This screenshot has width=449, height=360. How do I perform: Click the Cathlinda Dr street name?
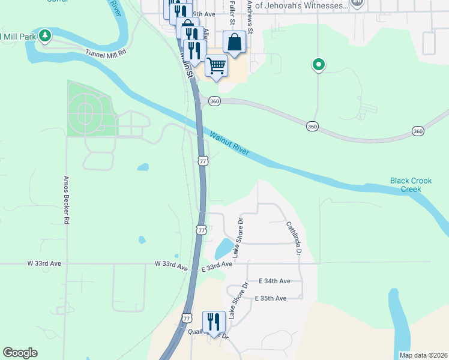click(x=292, y=238)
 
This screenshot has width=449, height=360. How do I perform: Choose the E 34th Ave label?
click(x=274, y=281)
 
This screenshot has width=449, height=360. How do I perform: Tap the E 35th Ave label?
click(x=271, y=298)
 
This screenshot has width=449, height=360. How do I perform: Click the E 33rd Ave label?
click(x=217, y=264)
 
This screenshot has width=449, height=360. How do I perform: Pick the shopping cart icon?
click(x=216, y=65)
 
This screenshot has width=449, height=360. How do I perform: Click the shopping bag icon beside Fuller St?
click(x=234, y=43)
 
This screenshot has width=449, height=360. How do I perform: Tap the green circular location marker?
click(x=319, y=64)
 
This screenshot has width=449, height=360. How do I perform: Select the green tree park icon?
click(x=45, y=35)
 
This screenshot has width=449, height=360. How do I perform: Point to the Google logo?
click(x=20, y=353)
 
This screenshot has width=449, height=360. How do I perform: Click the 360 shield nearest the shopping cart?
click(x=214, y=101)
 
